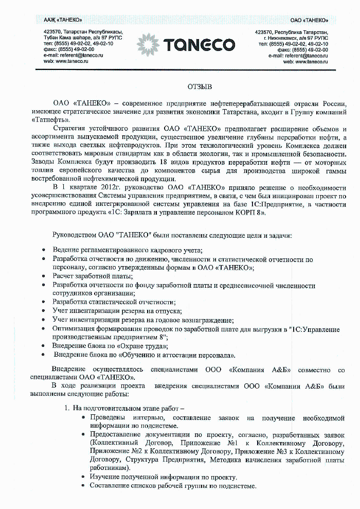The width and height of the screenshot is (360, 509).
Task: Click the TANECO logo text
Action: (199, 45)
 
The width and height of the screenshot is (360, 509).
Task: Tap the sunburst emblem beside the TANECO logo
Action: (150, 45)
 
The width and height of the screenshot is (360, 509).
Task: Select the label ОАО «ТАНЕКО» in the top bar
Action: (309, 20)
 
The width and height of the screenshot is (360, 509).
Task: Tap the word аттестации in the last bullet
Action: (175, 355)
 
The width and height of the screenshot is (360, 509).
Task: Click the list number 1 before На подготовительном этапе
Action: (66, 408)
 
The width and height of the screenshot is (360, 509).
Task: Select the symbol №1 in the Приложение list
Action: (232, 443)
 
